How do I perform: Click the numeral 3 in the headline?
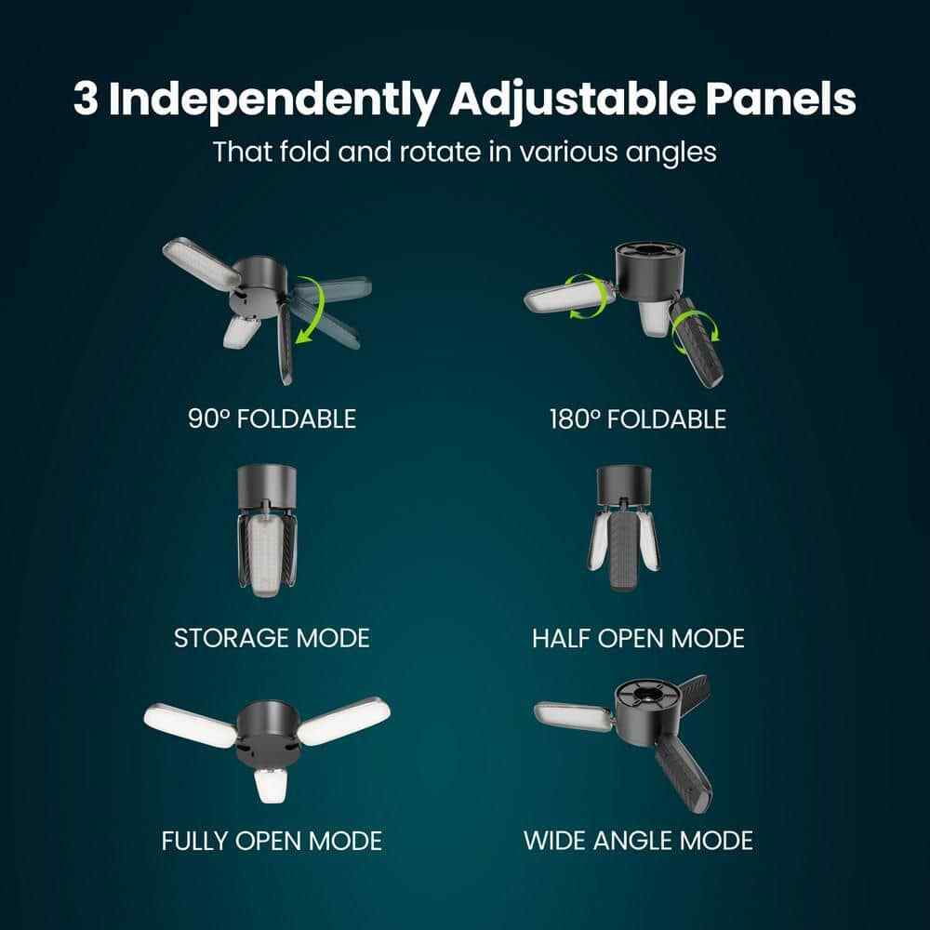click(86, 99)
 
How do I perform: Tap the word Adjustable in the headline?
click(572, 100)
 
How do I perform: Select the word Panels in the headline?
click(781, 99)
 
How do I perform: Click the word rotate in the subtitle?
click(440, 152)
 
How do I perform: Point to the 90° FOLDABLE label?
click(272, 418)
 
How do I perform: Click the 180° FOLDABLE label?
click(638, 419)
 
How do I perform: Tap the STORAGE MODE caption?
click(272, 638)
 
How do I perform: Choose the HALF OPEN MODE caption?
click(638, 639)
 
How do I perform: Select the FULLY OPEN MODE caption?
click(272, 841)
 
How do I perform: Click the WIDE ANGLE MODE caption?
click(638, 841)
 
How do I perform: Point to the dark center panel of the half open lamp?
click(624, 550)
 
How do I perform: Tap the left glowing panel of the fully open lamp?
click(190, 724)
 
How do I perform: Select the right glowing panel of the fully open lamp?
click(344, 721)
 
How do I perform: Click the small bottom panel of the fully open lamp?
click(272, 785)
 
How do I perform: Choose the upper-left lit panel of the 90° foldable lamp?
click(202, 264)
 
